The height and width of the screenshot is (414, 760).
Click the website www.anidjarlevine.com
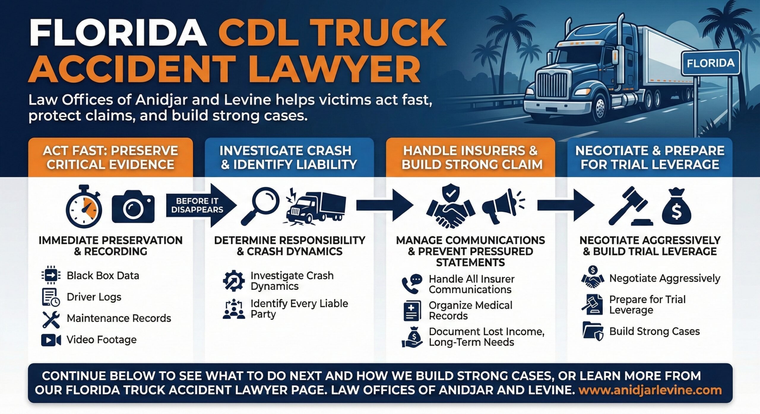click(650, 390)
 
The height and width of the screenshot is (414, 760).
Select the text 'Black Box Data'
click(103, 276)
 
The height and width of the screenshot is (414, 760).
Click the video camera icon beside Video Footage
click(51, 340)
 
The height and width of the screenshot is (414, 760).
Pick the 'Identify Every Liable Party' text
click(299, 308)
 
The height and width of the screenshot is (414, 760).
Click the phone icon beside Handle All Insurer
click(411, 284)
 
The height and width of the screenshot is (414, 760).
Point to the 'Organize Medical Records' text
click(470, 310)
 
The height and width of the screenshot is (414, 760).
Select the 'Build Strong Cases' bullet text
click(654, 331)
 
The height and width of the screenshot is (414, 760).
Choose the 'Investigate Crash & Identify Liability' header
click(289, 157)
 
